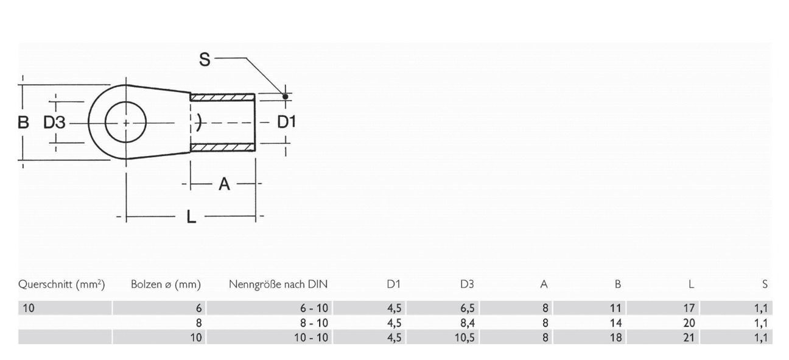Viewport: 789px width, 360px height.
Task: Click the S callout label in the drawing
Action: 205,59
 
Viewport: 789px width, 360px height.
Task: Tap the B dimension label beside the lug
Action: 23,122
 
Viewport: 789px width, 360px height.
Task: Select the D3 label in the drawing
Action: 54,122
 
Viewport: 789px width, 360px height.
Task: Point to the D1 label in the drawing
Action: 286,122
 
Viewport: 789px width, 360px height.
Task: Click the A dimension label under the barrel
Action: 224,183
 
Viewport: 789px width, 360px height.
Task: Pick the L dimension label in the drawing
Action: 191,216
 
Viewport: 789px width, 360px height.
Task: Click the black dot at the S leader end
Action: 285,96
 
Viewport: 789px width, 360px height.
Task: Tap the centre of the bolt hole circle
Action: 126,122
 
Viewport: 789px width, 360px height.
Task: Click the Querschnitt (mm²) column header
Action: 62,284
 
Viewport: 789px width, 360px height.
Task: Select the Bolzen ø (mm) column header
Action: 166,284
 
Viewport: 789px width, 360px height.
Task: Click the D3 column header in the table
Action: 467,284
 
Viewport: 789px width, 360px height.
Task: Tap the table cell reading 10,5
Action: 465,337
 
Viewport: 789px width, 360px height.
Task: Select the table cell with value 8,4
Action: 466,323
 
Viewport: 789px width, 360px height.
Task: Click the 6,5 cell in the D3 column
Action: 466,308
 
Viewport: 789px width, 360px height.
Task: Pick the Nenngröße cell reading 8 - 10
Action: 314,323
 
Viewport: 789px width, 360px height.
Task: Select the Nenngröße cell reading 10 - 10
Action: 311,337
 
